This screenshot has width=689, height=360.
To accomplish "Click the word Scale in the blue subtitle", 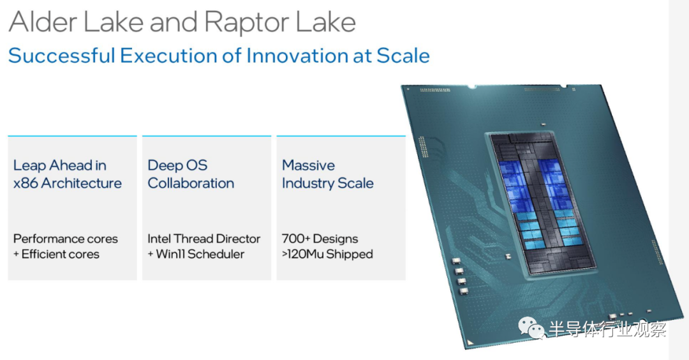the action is tap(403, 56).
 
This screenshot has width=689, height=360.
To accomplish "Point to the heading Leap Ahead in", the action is tap(60, 165).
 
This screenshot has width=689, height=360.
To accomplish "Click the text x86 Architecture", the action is tap(67, 183).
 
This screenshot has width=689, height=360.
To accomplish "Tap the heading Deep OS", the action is tap(177, 165).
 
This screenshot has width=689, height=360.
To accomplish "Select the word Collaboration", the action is tap(191, 183).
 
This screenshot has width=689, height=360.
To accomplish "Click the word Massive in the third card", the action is tap(309, 165).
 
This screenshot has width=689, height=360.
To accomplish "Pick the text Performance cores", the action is tap(66, 239).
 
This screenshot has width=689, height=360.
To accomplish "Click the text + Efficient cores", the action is tap(56, 254).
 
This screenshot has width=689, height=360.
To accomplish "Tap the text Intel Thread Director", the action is tap(204, 239).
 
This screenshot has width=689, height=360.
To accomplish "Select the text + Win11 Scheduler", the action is tap(196, 254).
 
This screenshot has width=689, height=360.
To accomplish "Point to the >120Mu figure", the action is tap(303, 254).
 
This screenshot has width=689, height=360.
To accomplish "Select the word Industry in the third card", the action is tap(304, 183).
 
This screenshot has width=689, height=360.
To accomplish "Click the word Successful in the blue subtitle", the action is tap(62, 56).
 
